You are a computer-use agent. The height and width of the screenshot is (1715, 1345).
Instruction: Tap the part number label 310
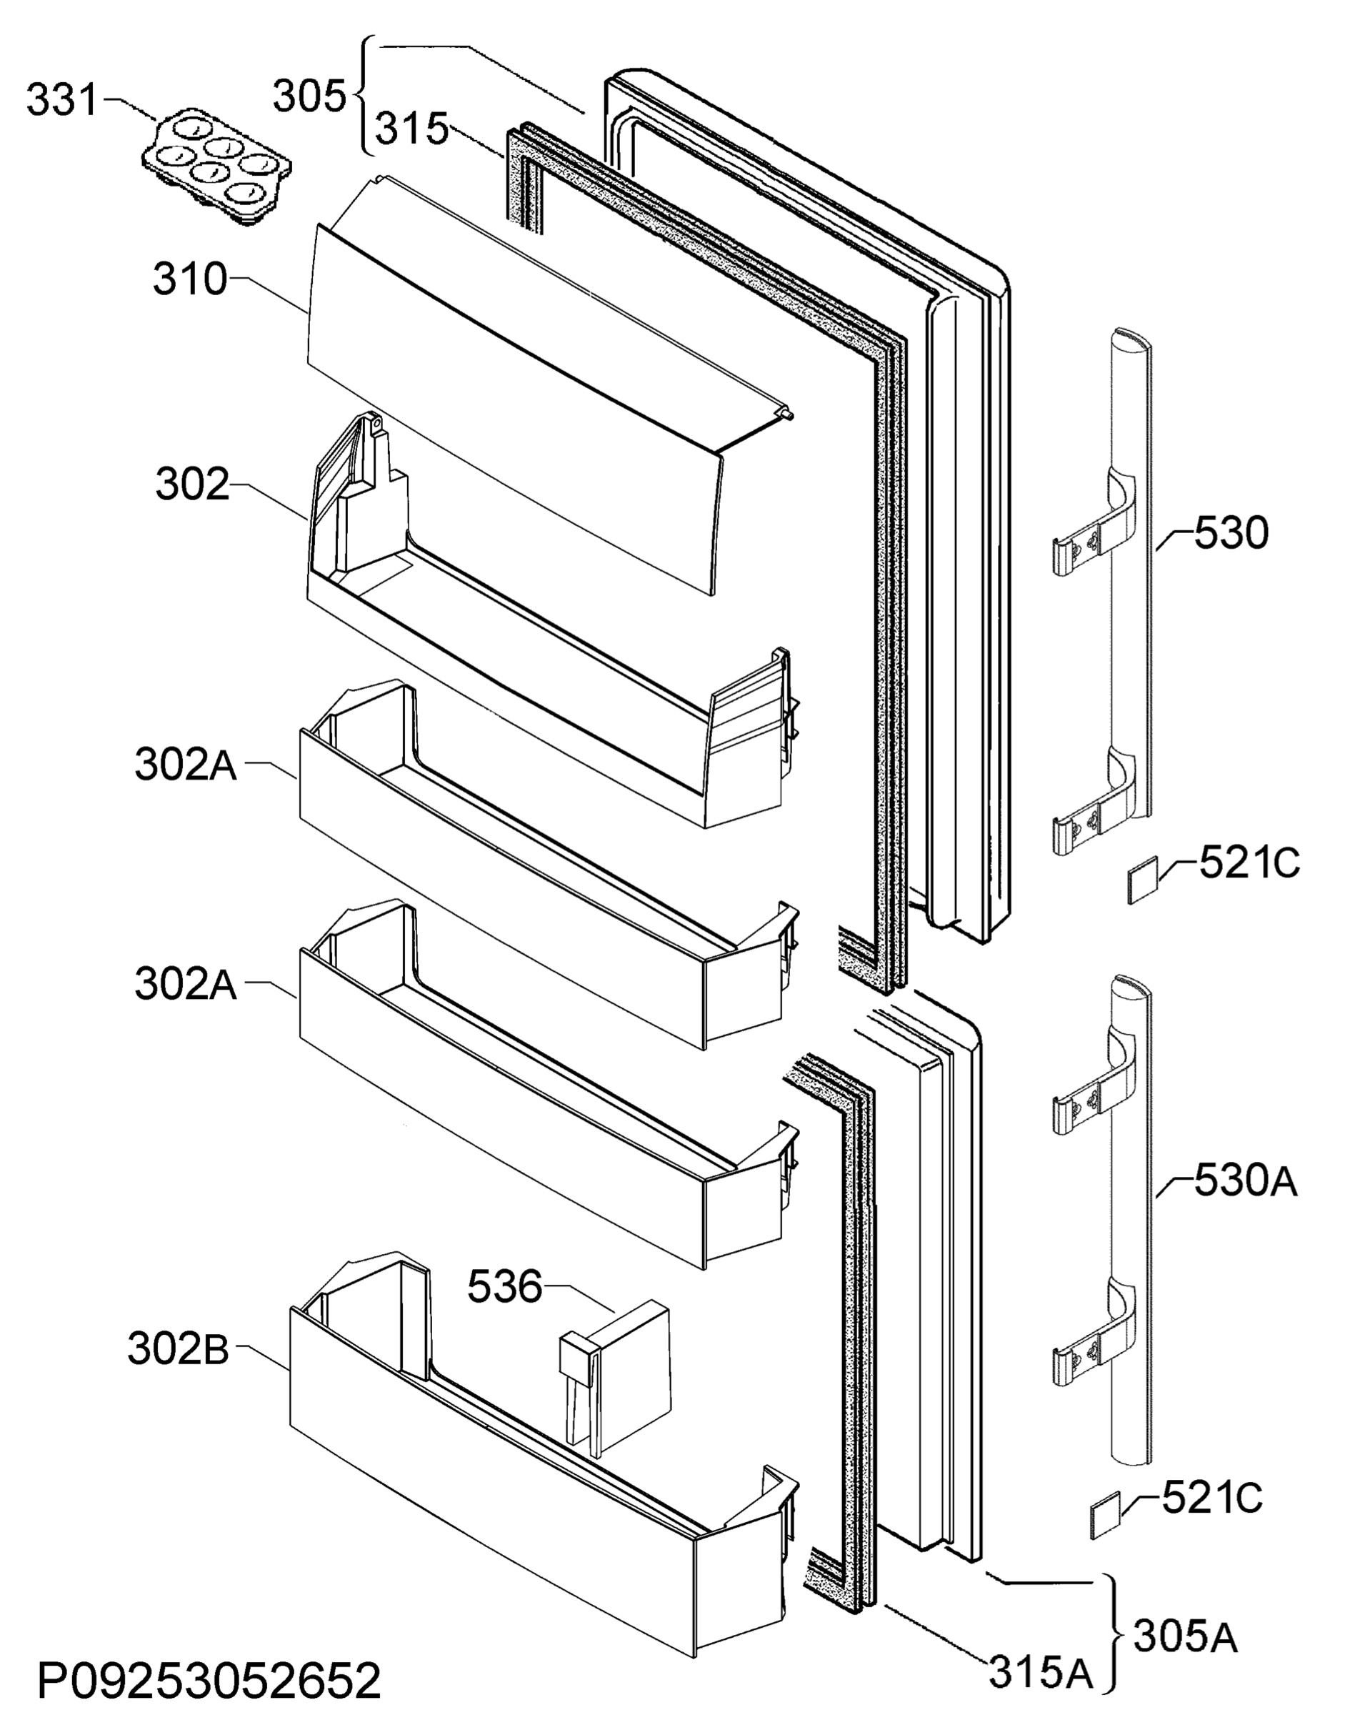click(x=190, y=279)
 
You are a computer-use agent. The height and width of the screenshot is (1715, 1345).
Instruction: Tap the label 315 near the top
click(x=411, y=129)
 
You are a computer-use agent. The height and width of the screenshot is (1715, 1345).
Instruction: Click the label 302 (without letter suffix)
click(x=193, y=485)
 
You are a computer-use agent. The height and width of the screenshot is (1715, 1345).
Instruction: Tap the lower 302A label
click(x=186, y=985)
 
